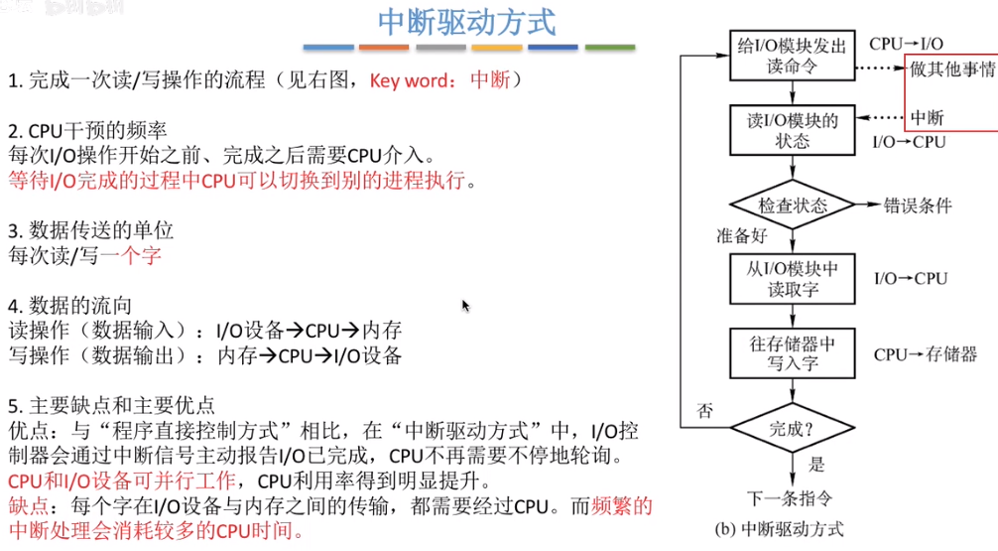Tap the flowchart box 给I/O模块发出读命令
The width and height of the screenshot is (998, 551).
(x=791, y=57)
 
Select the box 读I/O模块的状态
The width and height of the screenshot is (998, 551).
(x=791, y=131)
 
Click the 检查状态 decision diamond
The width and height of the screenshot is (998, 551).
(x=792, y=206)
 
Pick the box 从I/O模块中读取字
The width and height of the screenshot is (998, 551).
(x=791, y=280)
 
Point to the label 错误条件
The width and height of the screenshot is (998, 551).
(x=918, y=206)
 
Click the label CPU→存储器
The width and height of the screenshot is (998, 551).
(x=925, y=354)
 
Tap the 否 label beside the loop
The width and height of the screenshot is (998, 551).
(x=704, y=409)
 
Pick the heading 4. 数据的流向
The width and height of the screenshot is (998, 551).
(x=69, y=305)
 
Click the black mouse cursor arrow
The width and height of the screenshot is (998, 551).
(x=465, y=306)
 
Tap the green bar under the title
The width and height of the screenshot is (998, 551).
(x=610, y=47)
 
